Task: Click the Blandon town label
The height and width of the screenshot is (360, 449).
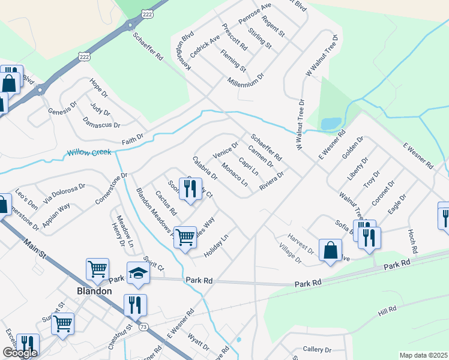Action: (94, 291)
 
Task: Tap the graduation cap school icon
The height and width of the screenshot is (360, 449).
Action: (138, 273)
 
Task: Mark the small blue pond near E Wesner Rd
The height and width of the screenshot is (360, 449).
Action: (330, 124)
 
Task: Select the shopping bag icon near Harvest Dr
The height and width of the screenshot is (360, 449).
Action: (330, 251)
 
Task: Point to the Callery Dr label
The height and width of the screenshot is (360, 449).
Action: (317, 349)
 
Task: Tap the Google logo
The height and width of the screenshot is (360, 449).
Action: (19, 353)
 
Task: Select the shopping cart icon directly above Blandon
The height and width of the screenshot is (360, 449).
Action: (97, 269)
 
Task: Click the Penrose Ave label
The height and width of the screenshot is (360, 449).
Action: (255, 13)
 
